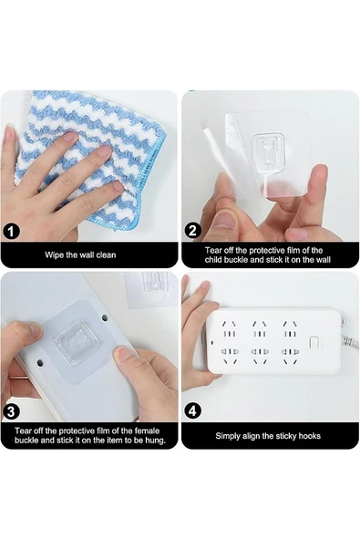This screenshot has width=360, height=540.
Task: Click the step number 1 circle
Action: tap(11, 231)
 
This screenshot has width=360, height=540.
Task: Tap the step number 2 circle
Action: tap(192, 231)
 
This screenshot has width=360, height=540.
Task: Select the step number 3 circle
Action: tap(11, 411)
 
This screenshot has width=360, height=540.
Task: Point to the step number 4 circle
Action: tap(192, 410)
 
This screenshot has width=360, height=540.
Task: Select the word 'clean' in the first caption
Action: tap(106, 255)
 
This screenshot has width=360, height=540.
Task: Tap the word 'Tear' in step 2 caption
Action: tap(212, 250)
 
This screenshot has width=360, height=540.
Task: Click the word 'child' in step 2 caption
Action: tap(213, 260)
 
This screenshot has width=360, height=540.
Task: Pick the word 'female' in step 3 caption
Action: tap(148, 431)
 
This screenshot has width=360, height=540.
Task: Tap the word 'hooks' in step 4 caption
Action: tap(309, 436)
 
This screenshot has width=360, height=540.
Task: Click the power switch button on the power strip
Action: tap(314, 343)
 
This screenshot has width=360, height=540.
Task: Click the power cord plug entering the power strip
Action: tap(349, 341)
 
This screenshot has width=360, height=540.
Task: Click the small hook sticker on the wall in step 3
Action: tap(152, 289)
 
